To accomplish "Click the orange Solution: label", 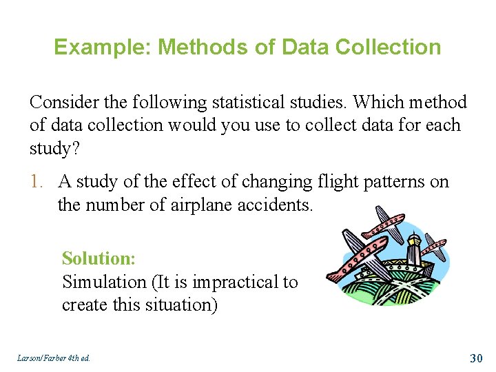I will coord(99,258).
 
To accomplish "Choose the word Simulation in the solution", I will coord(103,282).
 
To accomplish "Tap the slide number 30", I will coord(476,358).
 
